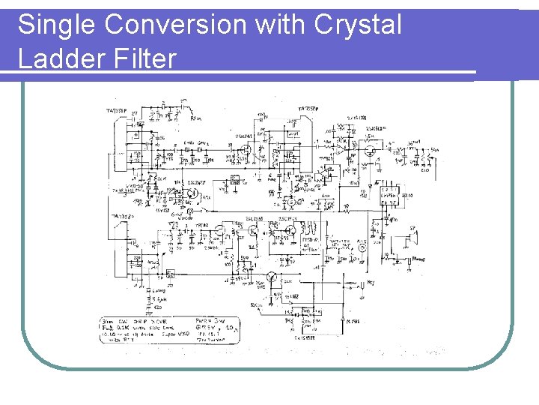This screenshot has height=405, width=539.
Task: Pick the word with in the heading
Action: click(x=280, y=25)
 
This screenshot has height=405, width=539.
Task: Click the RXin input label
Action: click(x=195, y=118)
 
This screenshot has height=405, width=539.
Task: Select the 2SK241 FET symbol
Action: click(x=244, y=149)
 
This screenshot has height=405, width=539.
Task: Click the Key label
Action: click(x=371, y=283)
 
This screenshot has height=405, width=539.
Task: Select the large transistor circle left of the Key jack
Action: click(x=275, y=280)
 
